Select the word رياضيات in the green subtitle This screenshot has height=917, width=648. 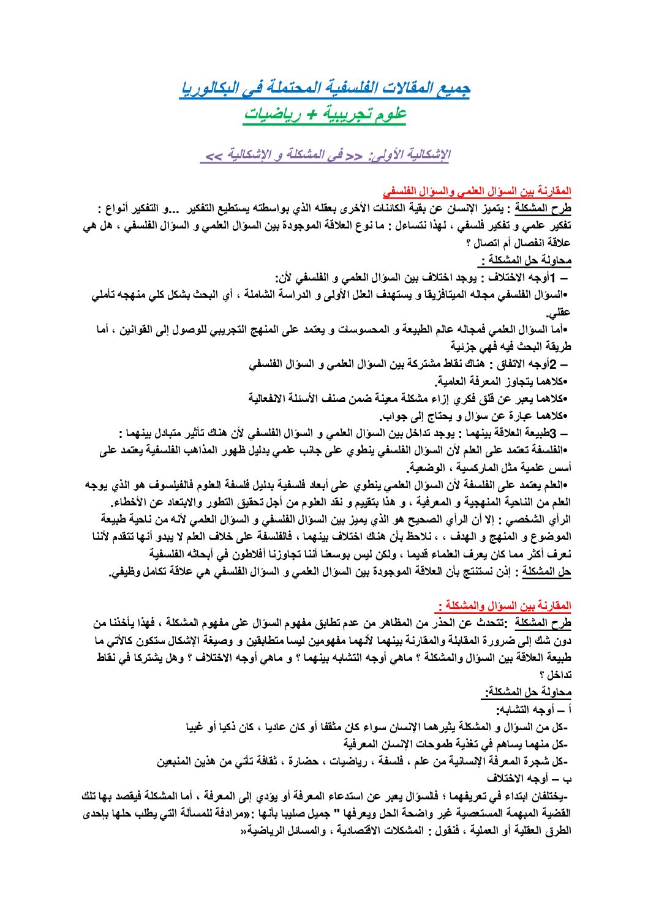click(275, 114)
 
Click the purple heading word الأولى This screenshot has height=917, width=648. click(387, 155)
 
